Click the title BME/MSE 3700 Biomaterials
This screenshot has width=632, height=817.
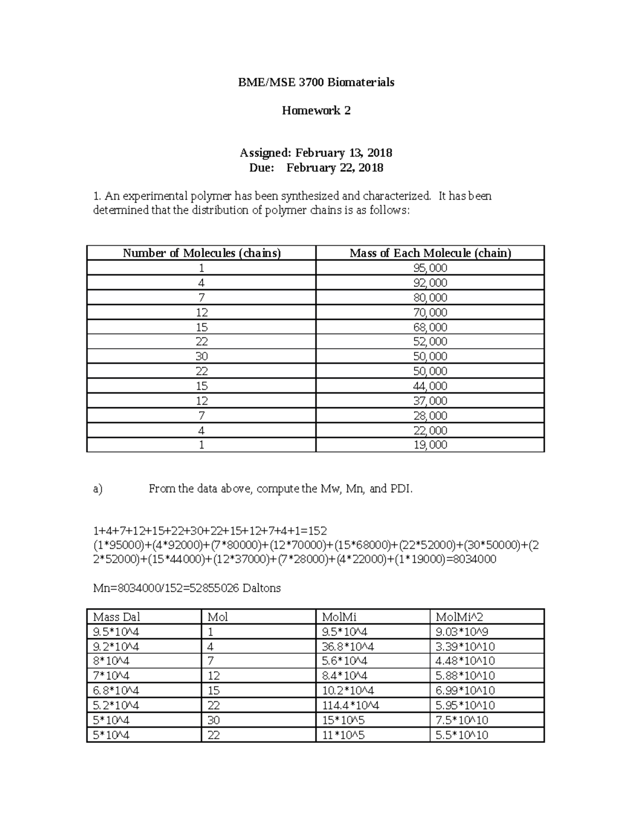point(315,82)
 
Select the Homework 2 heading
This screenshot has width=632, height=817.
point(316,110)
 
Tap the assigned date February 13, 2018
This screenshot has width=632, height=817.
point(343,153)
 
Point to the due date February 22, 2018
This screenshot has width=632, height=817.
point(334,168)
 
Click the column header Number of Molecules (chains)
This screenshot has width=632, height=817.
point(202,253)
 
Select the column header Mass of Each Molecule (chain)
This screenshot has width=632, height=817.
point(430,253)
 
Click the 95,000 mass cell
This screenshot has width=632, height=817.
point(430,268)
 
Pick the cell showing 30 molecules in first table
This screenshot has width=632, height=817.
point(202,356)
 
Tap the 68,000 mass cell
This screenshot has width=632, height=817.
point(430,327)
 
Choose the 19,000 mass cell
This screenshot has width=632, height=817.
point(430,445)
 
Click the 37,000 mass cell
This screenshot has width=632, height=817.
point(430,400)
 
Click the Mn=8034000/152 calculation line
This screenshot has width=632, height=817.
point(186,588)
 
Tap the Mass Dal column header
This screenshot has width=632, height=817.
point(116,617)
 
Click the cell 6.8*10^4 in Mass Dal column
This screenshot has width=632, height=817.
point(116,691)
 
